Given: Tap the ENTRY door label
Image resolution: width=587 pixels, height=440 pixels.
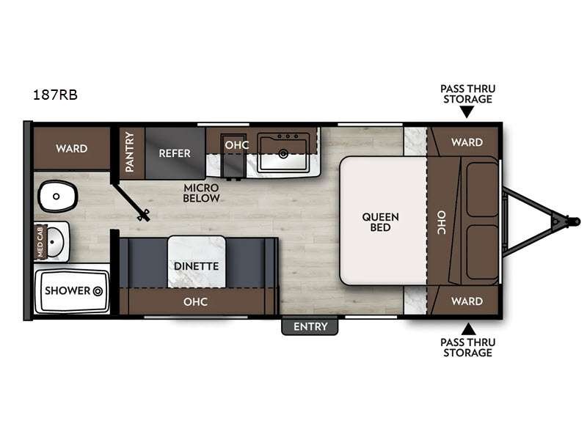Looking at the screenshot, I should coord(310,326).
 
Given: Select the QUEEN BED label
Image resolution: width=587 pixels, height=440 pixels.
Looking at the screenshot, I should coord(380,222).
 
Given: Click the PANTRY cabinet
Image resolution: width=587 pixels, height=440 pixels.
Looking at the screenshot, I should coord(130,152).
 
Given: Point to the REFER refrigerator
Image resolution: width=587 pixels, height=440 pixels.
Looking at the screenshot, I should coord(175,153).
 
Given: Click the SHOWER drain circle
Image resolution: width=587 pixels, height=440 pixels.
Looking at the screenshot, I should coord(97,290).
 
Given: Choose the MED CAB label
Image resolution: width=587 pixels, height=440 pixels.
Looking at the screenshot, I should coord(41,242).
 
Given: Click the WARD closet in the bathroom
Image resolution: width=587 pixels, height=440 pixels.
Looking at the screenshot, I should coord(71,148).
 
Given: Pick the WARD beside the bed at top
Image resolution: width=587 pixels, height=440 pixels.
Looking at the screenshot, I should coord(467,142).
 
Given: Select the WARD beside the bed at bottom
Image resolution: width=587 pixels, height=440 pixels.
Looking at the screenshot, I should coord(467,301).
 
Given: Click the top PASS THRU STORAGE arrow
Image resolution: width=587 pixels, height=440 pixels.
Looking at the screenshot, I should coord(467,112).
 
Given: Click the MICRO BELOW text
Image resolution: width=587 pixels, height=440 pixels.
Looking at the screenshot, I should coord(200,192).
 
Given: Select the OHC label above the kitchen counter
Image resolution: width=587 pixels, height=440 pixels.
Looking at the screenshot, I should coord(236,145).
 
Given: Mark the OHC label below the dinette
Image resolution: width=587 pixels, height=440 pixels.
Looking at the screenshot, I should coord(196,301).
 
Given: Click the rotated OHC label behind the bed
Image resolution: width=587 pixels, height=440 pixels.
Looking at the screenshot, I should coord(442,222).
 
